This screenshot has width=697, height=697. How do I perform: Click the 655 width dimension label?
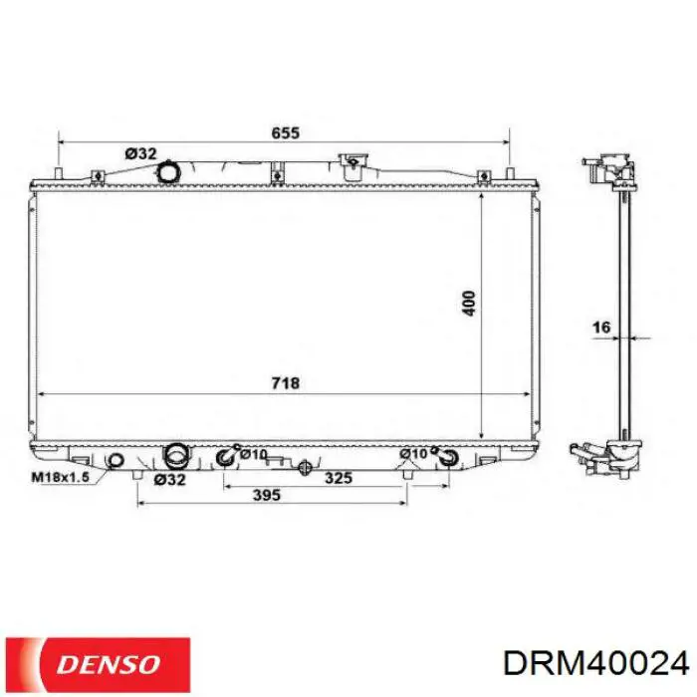286,132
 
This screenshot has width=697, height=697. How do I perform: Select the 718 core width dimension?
286,382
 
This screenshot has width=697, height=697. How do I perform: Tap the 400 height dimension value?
469,303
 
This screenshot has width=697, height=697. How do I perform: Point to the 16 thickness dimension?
601,328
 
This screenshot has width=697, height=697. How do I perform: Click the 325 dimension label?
339,478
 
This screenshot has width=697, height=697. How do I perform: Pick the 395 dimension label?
267,495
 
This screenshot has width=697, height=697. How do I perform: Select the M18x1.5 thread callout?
61,477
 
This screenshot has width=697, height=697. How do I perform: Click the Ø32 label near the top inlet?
141,153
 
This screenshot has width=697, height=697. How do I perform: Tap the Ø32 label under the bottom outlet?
169,480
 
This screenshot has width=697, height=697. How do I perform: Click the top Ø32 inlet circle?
169,171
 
